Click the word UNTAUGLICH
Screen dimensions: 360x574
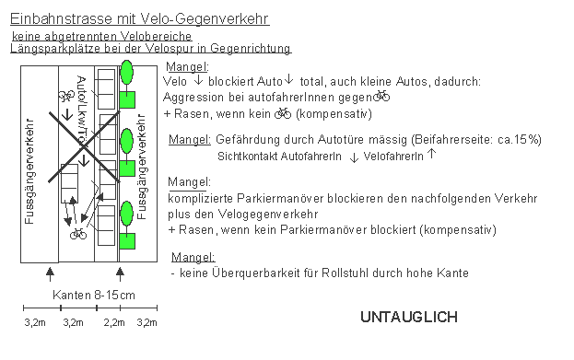pyautogui.click(x=408, y=318)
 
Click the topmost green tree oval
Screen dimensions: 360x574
pyautogui.click(x=127, y=71)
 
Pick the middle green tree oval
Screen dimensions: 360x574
pyautogui.click(x=127, y=143)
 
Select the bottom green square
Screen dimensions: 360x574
pyautogui.click(x=128, y=241)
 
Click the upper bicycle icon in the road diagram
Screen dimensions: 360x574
pyautogui.click(x=66, y=96)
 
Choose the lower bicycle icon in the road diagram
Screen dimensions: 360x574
pyautogui.click(x=78, y=233)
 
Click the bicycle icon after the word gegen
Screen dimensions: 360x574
pyautogui.click(x=382, y=96)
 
